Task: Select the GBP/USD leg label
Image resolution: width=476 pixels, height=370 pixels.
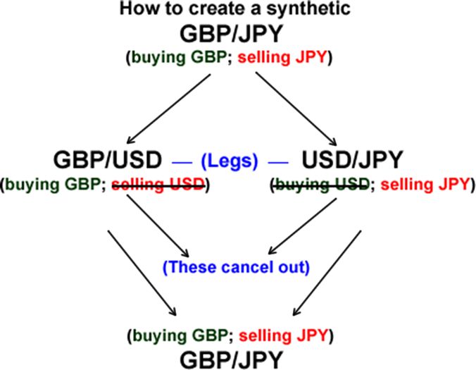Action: click(108, 160)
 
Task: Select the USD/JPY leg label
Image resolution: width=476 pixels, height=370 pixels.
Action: click(352, 160)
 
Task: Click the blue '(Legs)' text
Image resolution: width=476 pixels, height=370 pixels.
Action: click(230, 161)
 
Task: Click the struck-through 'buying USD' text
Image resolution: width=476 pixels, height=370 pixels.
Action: click(320, 185)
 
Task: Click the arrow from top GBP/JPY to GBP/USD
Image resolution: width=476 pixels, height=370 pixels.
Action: click(169, 107)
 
